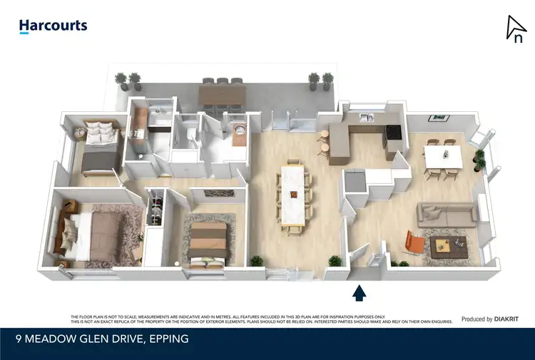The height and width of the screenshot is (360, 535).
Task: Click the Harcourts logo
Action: click(53, 26)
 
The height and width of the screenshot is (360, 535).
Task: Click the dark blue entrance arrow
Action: click(360, 292)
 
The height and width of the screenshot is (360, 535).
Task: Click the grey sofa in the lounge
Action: click(447, 213)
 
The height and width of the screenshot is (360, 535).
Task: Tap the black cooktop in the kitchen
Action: click(392, 131)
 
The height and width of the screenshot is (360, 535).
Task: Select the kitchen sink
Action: click(365, 117)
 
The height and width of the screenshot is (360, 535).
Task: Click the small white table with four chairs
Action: click(443, 158)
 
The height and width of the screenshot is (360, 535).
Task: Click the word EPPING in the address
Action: click(169, 339)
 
